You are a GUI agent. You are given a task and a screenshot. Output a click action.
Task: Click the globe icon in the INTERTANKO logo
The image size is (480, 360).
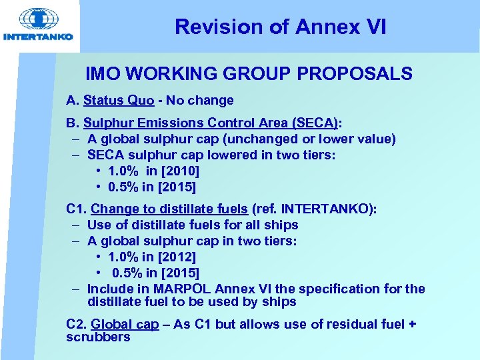click(39, 19)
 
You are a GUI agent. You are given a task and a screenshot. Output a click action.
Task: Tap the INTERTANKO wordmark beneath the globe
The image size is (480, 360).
click(39, 37)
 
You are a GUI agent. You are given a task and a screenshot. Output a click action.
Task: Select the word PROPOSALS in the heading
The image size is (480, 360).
click(351, 74)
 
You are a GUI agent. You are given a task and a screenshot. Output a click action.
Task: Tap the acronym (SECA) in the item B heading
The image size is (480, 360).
click(316, 123)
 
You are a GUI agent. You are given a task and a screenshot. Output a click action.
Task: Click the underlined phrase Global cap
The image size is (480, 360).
click(125, 325)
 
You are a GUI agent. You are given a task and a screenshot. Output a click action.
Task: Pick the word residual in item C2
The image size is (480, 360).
click(337, 325)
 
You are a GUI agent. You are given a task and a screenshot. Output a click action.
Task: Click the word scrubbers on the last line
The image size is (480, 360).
click(98, 337)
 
